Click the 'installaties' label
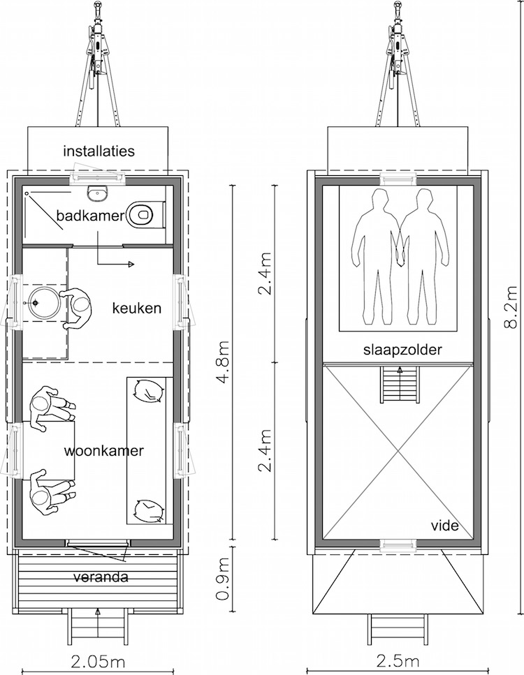(99, 151)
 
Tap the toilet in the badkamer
(145, 214)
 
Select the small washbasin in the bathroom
(96, 193)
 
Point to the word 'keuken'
(137, 309)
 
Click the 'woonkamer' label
(103, 451)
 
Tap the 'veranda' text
(101, 577)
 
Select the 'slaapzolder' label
(402, 350)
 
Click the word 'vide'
(444, 525)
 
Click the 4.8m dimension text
(222, 361)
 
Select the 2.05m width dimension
(98, 661)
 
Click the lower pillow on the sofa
(149, 510)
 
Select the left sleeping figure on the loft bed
(376, 258)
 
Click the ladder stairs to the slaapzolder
(400, 384)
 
